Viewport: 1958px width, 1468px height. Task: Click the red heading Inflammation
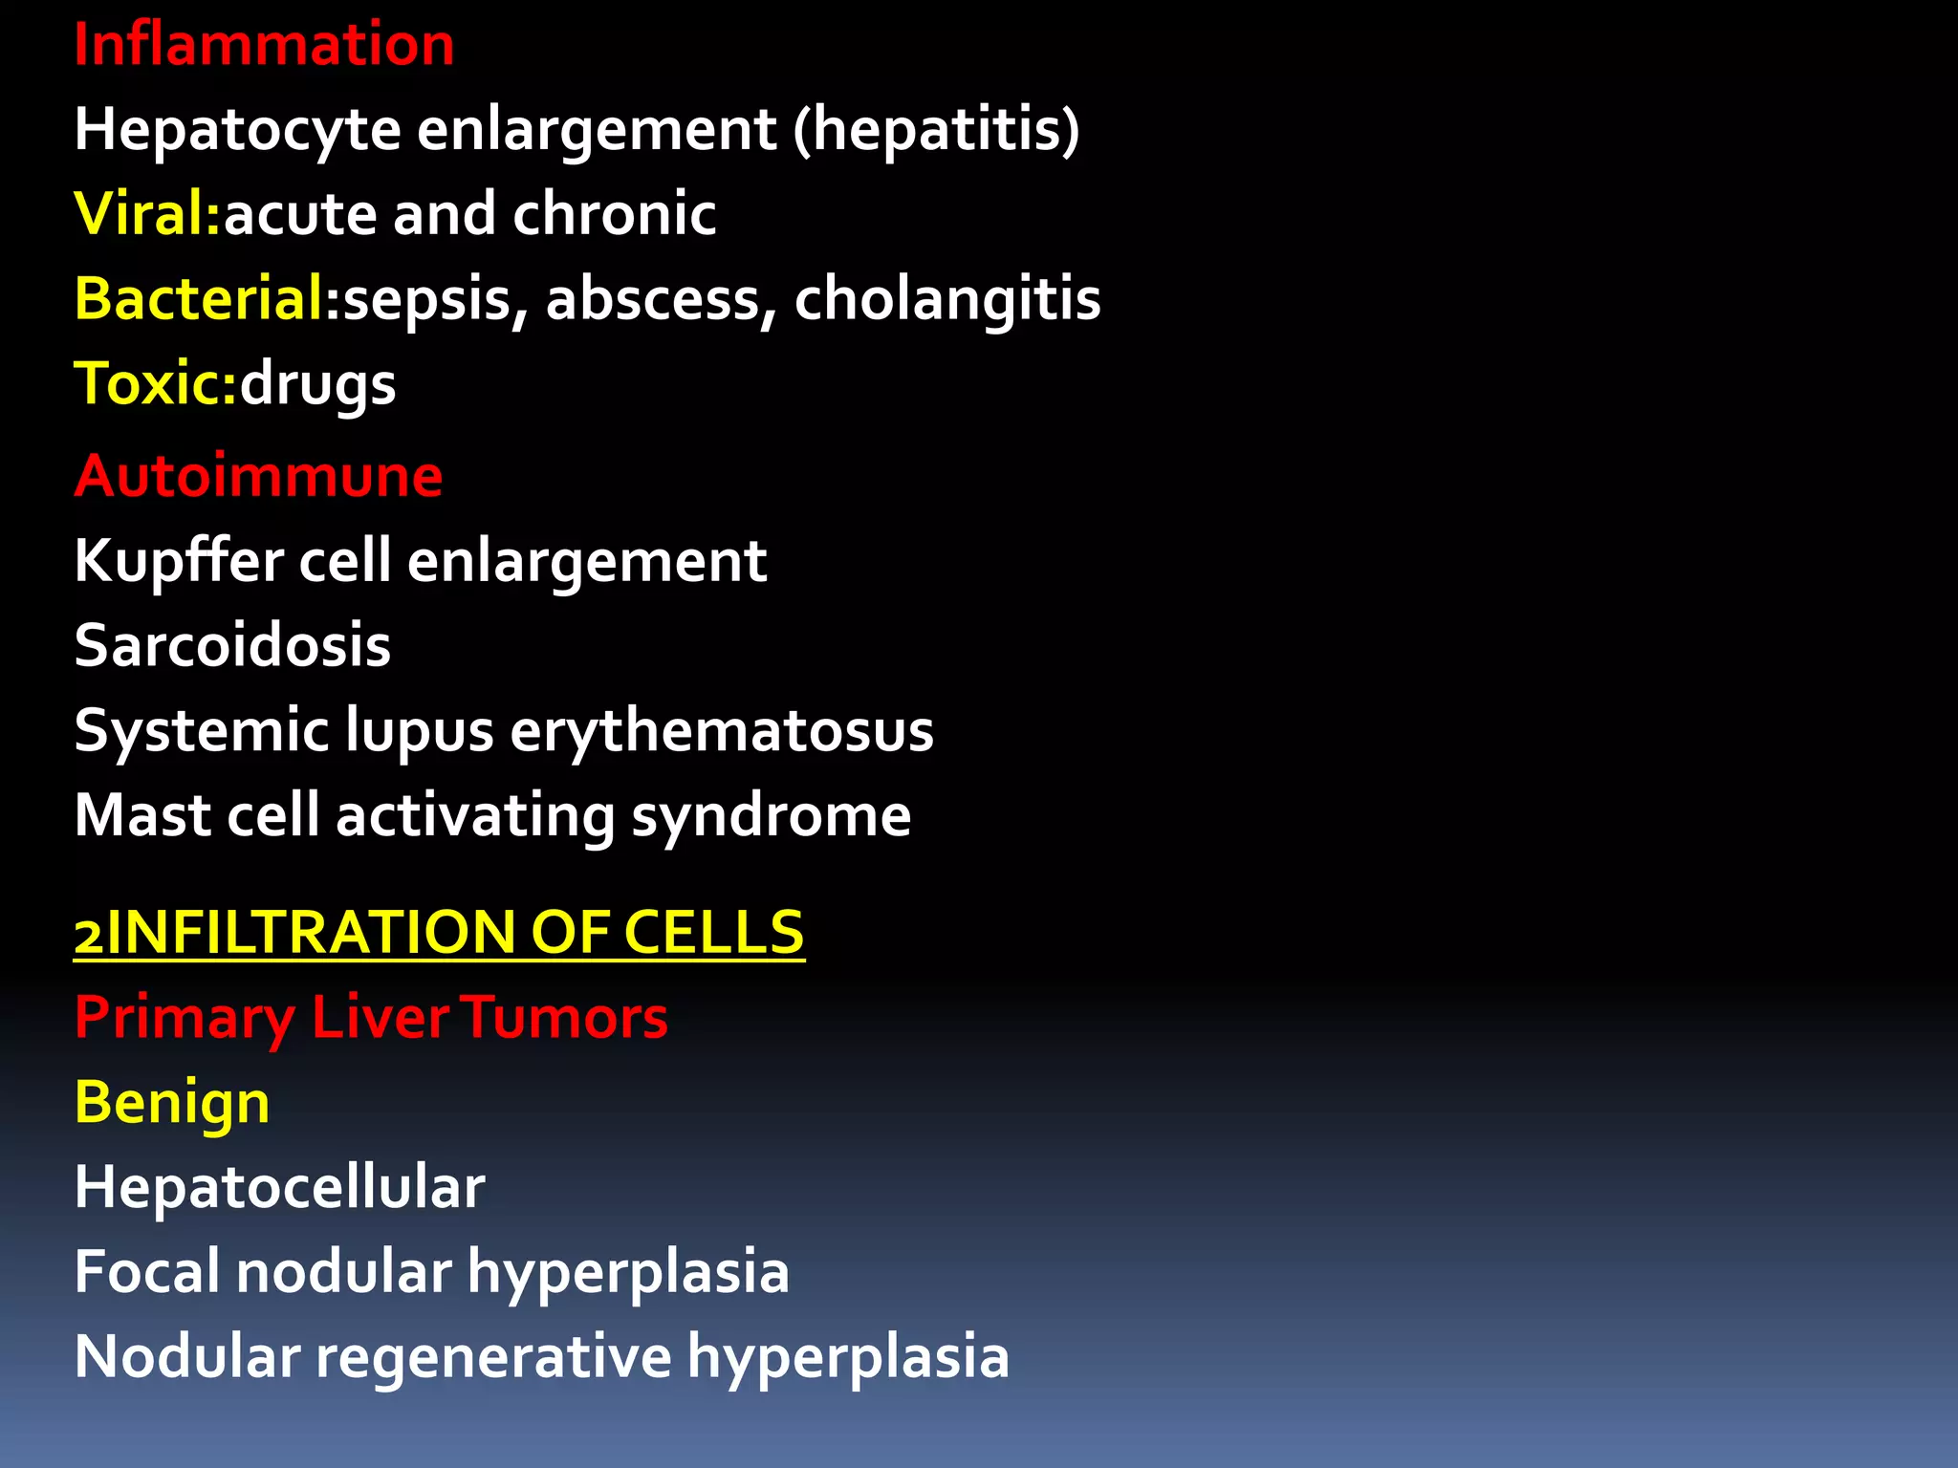264,45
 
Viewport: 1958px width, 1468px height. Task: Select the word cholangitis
946,299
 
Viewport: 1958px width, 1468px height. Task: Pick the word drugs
317,385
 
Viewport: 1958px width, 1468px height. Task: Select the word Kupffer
179,561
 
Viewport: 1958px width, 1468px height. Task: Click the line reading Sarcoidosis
232,645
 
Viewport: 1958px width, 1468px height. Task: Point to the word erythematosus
721,731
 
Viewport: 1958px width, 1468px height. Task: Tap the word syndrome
771,816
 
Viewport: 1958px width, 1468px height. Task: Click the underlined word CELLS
713,932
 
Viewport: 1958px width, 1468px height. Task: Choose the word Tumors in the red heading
566,1017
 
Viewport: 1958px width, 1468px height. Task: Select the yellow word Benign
172,1103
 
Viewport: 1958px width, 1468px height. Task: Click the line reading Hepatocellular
279,1187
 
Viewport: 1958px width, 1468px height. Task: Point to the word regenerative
493,1357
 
